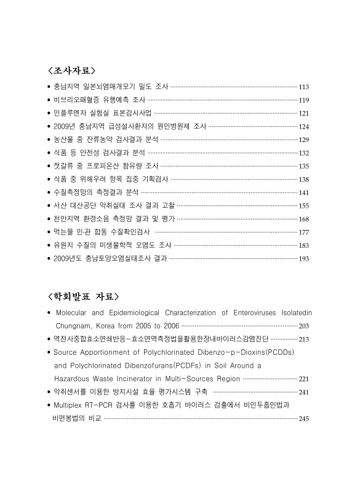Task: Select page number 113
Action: (x=303, y=87)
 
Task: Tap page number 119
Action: (x=303, y=100)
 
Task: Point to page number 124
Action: (x=303, y=126)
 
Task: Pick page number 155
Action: (x=303, y=205)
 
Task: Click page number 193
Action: (x=303, y=259)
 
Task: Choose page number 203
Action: (x=303, y=325)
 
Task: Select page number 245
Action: (x=303, y=418)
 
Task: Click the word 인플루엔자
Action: (x=70, y=113)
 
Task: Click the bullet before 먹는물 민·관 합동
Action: (x=49, y=232)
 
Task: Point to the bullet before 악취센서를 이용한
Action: (x=49, y=392)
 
